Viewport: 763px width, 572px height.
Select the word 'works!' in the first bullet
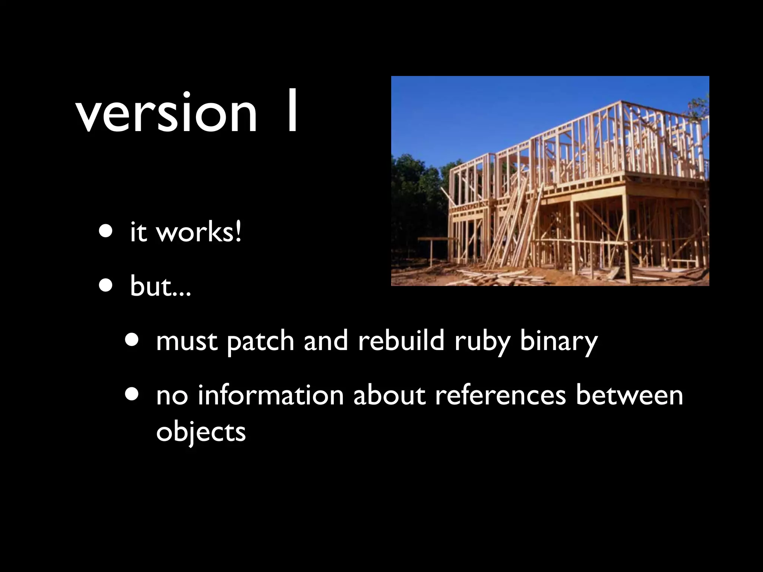(199, 232)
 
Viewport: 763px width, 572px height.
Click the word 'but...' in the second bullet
(160, 287)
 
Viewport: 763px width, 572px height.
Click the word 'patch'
(260, 341)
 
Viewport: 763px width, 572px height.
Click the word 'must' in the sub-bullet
(187, 341)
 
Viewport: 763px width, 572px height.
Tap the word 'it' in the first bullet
(138, 232)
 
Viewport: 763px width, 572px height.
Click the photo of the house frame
(550, 181)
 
